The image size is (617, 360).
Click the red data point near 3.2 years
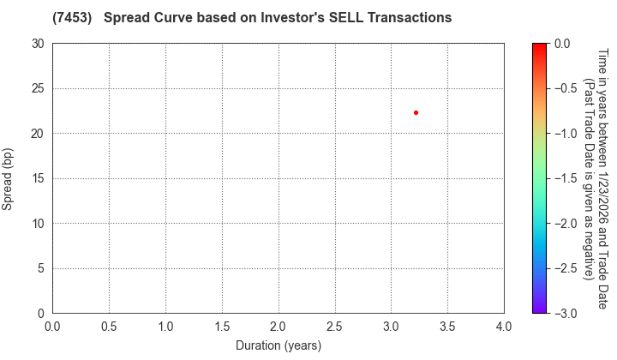tap(416, 112)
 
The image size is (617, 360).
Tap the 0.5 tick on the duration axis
tap(109, 326)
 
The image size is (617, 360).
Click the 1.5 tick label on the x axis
tap(222, 326)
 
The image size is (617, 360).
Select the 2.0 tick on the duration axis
tap(279, 326)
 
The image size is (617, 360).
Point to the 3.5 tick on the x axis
tap(447, 326)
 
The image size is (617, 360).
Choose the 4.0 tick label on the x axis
tap(504, 326)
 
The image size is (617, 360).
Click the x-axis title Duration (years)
tap(278, 345)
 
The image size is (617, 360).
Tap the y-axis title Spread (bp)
tap(12, 178)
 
